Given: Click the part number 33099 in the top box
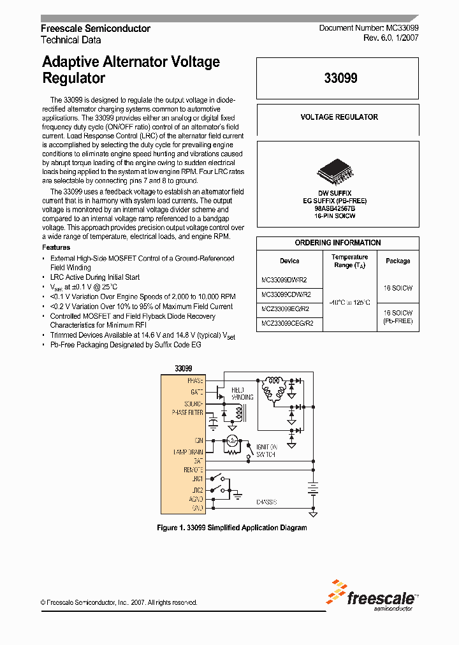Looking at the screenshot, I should point(340,78).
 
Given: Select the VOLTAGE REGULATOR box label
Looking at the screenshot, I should point(339,117).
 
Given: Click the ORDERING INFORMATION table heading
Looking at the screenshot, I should point(338,243).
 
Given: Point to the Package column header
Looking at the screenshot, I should point(398,261).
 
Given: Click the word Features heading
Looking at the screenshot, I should point(56,247).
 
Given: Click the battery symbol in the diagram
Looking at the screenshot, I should point(312,488).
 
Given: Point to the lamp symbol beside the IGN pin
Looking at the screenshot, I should point(232,440).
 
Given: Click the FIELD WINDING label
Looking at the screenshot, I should point(242,393).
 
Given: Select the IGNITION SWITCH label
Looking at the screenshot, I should point(267,451).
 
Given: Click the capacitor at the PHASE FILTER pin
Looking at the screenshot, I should point(214,421).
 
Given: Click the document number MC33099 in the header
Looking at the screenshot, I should point(402,29).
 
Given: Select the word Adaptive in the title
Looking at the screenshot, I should point(73,62).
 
